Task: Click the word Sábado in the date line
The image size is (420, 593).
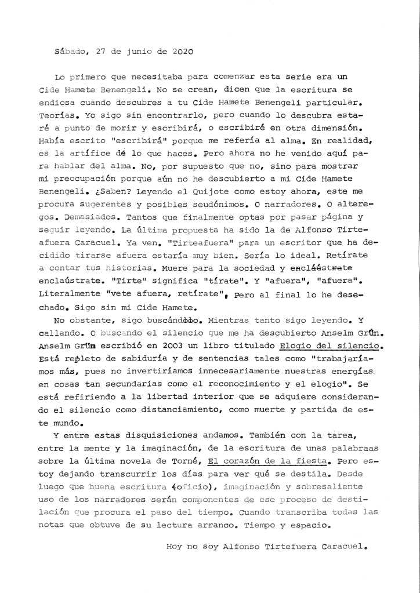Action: pyautogui.click(x=69, y=50)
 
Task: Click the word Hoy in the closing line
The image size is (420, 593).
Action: pyautogui.click(x=174, y=545)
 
